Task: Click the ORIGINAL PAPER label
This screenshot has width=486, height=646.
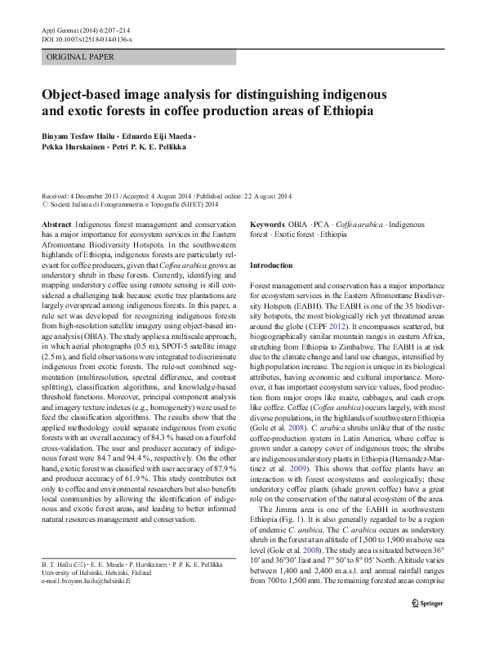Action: click(81, 57)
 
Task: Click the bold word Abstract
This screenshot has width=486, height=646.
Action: click(56, 224)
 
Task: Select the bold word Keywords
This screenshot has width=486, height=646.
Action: click(267, 224)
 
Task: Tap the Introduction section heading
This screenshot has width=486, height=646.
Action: click(270, 265)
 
